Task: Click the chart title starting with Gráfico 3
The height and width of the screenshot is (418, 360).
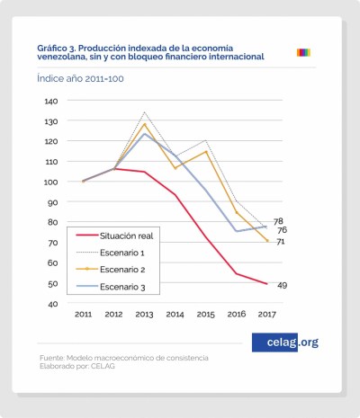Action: tap(150, 51)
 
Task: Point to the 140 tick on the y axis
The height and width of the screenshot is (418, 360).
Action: tap(50, 101)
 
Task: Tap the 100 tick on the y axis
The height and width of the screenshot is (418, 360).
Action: tap(50, 182)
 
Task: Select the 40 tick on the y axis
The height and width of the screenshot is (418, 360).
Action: tap(52, 304)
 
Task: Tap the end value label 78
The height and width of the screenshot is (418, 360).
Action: tap(278, 221)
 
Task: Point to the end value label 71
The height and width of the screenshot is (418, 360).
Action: tap(281, 242)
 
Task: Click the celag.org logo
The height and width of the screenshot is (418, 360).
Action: tap(285, 342)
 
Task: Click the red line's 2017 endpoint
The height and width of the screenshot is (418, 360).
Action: tap(267, 283)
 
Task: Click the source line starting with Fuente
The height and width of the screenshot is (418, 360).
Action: tap(123, 358)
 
